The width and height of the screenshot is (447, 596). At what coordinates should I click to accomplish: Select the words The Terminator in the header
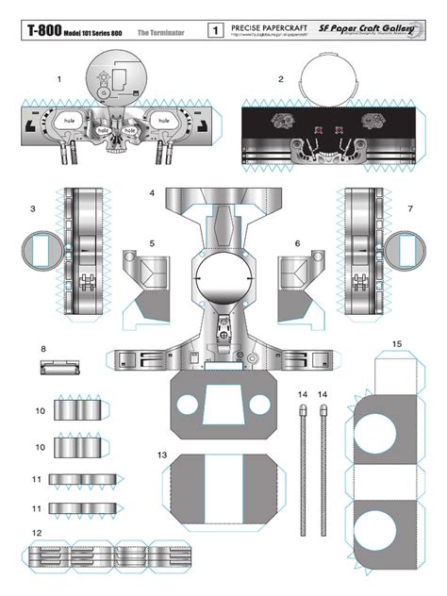pos(159,32)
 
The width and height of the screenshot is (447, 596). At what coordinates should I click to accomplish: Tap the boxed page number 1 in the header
pos(216,32)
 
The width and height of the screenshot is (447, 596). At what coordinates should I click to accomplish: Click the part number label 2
pos(281,80)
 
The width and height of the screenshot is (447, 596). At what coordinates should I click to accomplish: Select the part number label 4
pos(152,193)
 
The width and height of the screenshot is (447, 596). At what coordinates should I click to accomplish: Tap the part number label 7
pos(410,208)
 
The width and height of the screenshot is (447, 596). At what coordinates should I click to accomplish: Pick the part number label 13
pos(162,455)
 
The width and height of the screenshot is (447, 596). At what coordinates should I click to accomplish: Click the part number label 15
pos(397,344)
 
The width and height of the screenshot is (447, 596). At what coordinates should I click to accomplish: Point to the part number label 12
pos(36,533)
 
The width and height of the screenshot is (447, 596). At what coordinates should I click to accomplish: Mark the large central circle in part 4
pos(223,281)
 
